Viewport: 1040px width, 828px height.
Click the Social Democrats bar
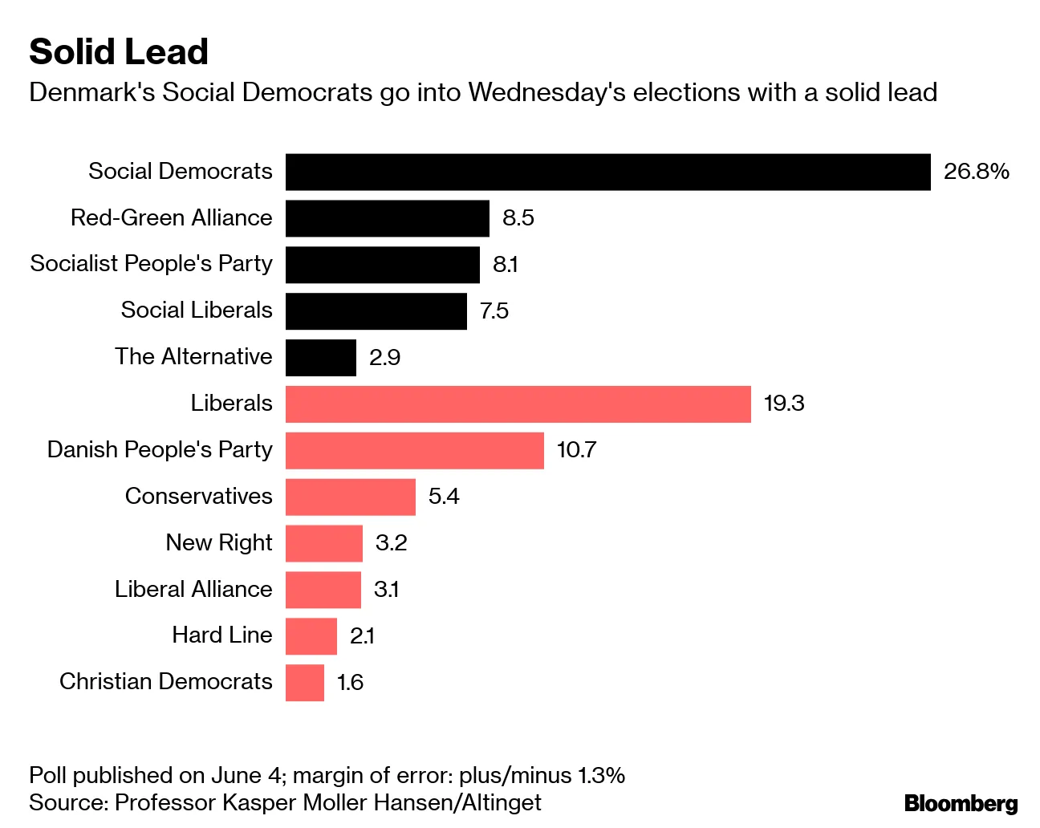pos(607,172)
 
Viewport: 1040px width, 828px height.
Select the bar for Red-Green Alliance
pos(387,218)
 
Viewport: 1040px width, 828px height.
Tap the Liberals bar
pos(518,404)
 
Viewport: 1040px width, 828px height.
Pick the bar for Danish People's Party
pos(414,450)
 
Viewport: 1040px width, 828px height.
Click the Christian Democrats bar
pos(305,683)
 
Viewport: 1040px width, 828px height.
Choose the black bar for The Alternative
pos(320,358)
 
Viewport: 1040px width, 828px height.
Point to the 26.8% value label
pos(976,172)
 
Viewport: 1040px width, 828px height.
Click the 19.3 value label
pos(783,404)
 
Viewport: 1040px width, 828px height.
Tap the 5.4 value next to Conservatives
pos(444,497)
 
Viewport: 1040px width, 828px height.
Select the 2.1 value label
pos(362,636)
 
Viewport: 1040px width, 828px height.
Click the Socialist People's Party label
pos(151,264)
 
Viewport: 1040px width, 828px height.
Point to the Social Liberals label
pos(197,310)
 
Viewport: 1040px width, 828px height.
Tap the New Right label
pos(219,543)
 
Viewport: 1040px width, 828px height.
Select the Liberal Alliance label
pos(193,590)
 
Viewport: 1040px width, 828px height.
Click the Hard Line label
pos(222,635)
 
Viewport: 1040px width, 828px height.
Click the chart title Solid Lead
pos(119,52)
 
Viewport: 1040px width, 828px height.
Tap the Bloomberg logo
pos(961,803)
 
